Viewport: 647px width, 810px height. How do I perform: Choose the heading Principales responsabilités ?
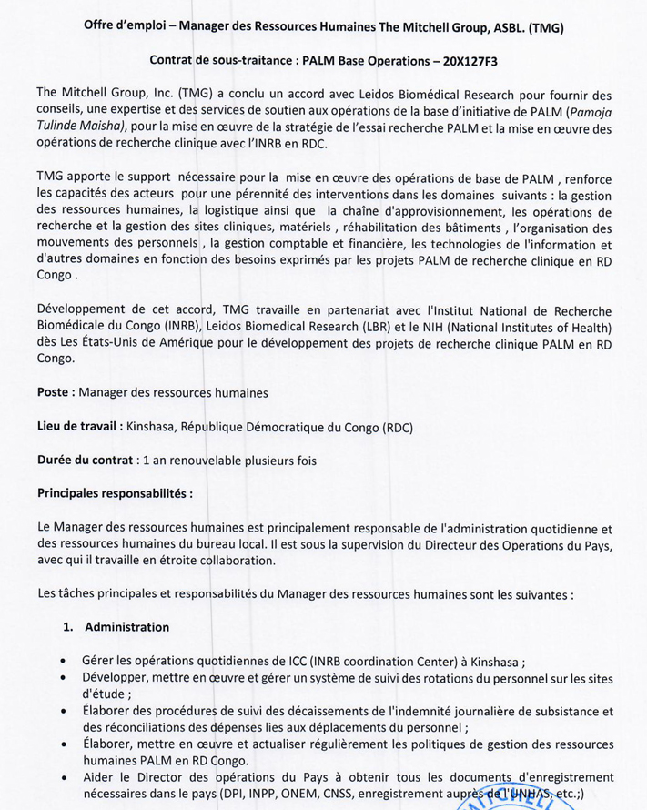click(115, 493)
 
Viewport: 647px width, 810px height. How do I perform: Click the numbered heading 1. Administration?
click(116, 627)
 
